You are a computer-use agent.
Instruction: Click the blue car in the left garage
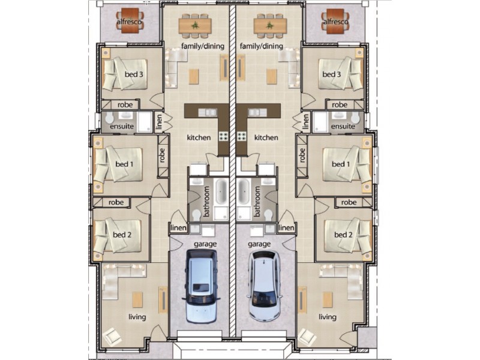tap(201, 287)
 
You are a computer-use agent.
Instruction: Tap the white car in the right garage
tap(265, 287)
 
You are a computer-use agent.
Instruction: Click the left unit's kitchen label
tap(199, 138)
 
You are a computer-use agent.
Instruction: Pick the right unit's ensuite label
tap(343, 127)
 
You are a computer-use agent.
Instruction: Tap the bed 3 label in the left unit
tap(134, 74)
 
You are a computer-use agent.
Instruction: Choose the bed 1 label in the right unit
tap(341, 164)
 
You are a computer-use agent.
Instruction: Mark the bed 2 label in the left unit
tap(121, 235)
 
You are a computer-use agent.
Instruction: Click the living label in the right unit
tap(328, 317)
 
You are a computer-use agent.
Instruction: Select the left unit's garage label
tap(205, 245)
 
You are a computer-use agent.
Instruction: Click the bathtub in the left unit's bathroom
tap(220, 191)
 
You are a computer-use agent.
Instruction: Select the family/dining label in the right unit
tap(261, 46)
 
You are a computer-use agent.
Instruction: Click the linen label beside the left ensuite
tap(159, 122)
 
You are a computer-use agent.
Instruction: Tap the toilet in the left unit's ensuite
tap(110, 123)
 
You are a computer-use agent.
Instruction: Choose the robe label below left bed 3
tap(124, 104)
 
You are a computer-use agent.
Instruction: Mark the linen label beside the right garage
tap(287, 228)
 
